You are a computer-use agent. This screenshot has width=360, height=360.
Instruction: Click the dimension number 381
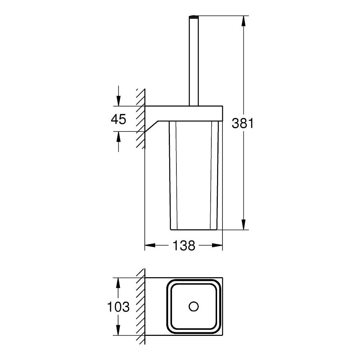point(243,123)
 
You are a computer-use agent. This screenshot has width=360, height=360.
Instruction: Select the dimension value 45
point(118,120)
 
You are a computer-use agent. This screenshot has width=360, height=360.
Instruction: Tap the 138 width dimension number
point(184,246)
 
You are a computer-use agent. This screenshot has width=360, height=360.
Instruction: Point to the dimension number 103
point(118,307)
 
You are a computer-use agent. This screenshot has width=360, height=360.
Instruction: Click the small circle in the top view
point(194,306)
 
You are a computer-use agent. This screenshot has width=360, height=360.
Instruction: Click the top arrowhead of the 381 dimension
point(244,21)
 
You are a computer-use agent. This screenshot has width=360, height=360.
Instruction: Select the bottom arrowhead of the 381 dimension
point(244,224)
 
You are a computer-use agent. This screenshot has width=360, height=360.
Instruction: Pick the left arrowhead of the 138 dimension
point(150,246)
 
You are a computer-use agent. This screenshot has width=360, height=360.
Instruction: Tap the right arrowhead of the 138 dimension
point(217,246)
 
